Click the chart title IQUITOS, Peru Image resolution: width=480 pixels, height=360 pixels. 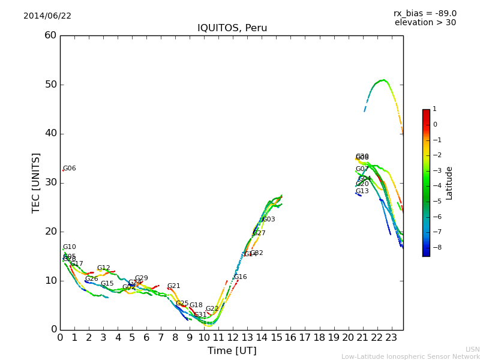(232, 28)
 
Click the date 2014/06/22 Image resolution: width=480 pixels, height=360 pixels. (47, 16)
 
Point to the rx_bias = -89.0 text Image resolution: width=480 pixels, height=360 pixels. (425, 13)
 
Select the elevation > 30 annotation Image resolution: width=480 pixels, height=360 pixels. (425, 23)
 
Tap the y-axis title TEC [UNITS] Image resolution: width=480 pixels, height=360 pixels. (36, 182)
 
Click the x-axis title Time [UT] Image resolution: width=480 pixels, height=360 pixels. (232, 351)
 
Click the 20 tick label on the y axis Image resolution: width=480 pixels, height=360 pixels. (50, 232)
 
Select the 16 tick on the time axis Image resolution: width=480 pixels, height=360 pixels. (290, 337)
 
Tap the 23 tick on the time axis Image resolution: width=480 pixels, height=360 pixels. (391, 337)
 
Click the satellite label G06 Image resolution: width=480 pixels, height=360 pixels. (70, 169)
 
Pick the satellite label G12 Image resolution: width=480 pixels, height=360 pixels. (104, 268)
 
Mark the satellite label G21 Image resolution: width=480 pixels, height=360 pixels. (173, 286)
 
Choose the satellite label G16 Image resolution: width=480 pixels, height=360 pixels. (241, 277)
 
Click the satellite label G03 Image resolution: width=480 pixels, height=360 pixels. (269, 220)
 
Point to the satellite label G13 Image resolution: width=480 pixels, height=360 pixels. (362, 191)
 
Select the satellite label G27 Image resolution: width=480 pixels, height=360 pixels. (259, 233)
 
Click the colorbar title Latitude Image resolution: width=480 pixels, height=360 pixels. (449, 183)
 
